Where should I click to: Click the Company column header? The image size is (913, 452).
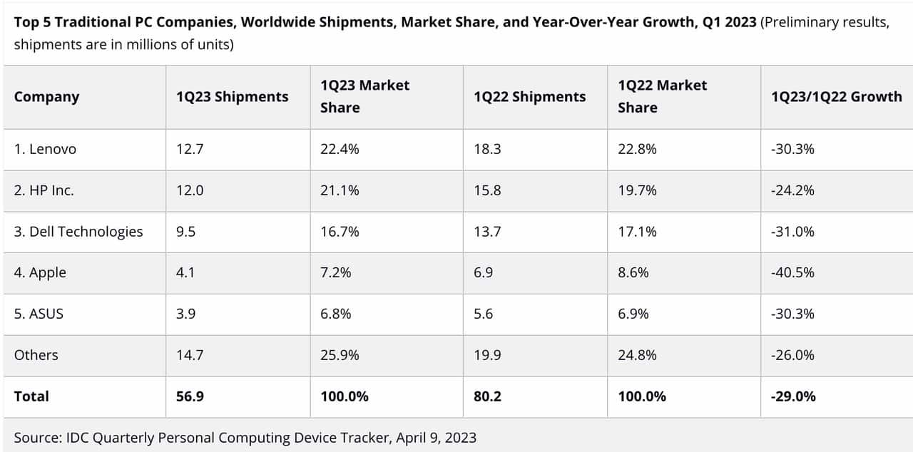tap(46, 97)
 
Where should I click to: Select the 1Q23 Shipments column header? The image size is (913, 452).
tap(232, 97)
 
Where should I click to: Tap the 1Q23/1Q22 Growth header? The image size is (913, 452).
tap(836, 97)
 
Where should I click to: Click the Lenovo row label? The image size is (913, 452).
tap(45, 149)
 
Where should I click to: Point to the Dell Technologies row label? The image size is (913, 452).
tap(78, 232)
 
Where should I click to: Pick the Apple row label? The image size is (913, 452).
tap(40, 272)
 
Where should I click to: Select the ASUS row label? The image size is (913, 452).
tap(39, 314)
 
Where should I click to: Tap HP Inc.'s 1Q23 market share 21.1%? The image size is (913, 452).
tap(340, 190)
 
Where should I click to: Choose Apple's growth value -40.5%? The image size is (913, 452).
tap(792, 272)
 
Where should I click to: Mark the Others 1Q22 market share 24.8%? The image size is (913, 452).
tap(637, 355)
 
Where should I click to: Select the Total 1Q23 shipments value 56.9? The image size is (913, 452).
tap(190, 396)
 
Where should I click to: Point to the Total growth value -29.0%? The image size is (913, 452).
tap(793, 396)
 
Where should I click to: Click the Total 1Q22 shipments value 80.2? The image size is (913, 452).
tap(487, 396)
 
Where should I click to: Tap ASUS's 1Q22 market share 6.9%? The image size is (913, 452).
tap(633, 314)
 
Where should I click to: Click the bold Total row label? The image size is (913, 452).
tap(31, 396)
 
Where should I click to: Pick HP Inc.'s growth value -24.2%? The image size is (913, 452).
tap(792, 190)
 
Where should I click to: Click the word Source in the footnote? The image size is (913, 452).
tap(36, 437)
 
